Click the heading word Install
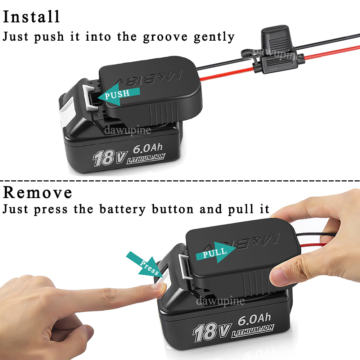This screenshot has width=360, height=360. [x=31, y=17]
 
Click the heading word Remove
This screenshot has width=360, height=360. [x=37, y=192]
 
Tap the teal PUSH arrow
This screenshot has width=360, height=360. [x=119, y=94]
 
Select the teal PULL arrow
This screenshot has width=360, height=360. [x=216, y=252]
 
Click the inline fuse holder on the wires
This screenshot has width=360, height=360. [x=273, y=50]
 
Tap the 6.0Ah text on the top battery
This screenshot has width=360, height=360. [x=148, y=148]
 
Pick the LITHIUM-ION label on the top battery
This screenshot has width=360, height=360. [x=146, y=159]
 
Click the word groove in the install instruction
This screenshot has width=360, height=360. [x=165, y=37]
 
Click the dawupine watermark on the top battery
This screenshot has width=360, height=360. [x=128, y=130]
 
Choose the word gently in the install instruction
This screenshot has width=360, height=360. [x=214, y=37]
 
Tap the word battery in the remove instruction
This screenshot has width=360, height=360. [x=122, y=210]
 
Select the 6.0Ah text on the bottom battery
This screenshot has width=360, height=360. [x=254, y=319]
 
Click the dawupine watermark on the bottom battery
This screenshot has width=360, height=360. [x=220, y=301]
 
